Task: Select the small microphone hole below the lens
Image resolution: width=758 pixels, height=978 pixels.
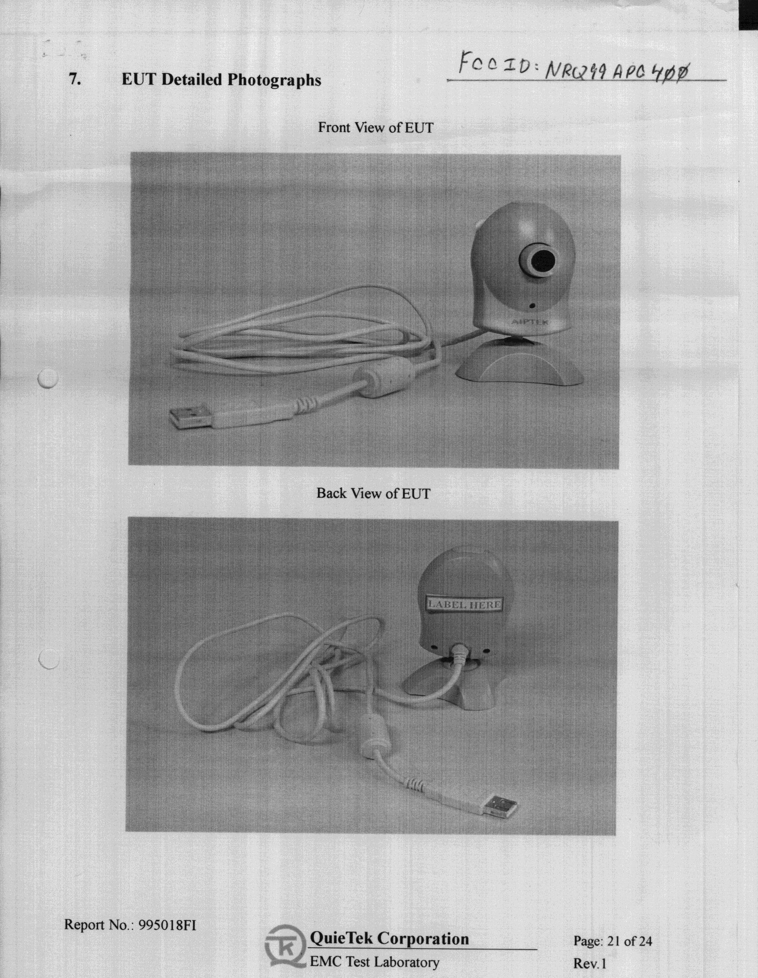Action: pyautogui.click(x=532, y=306)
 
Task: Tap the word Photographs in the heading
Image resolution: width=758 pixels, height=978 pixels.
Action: pyautogui.click(x=274, y=80)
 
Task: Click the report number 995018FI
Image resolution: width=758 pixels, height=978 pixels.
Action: pyautogui.click(x=168, y=924)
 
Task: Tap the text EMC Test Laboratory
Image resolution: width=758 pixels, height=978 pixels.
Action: pyautogui.click(x=374, y=962)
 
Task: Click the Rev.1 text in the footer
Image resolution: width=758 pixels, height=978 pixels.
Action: pyautogui.click(x=590, y=963)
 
